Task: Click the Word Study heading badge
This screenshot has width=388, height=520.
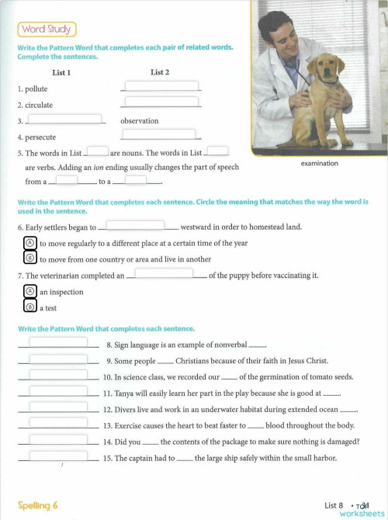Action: (x=46, y=29)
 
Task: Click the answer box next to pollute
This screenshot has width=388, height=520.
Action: (x=161, y=86)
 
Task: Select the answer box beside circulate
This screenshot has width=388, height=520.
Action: (x=161, y=102)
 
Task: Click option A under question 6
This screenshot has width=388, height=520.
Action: (x=30, y=243)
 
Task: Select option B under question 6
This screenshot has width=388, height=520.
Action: (x=30, y=258)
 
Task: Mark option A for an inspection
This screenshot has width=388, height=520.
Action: (x=30, y=292)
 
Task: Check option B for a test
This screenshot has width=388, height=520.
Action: (x=30, y=307)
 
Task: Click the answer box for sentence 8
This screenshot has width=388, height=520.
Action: (x=58, y=342)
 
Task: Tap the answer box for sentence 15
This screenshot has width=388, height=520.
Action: (x=58, y=456)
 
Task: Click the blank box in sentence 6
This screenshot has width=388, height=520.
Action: (x=135, y=226)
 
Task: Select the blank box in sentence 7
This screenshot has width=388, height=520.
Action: (x=164, y=273)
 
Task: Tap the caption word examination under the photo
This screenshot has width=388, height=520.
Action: (x=320, y=164)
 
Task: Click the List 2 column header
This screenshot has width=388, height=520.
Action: (x=160, y=73)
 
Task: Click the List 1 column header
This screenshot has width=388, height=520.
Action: (x=61, y=73)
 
